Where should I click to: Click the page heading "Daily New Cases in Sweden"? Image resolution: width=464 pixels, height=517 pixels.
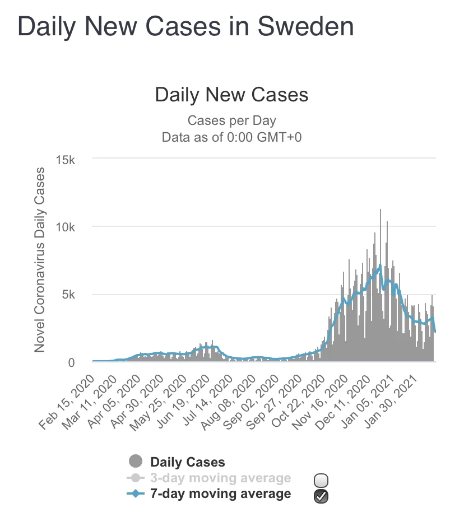(x=185, y=26)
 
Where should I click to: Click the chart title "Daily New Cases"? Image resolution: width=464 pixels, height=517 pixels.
(x=231, y=94)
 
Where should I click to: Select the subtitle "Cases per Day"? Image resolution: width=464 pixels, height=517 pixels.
(x=231, y=120)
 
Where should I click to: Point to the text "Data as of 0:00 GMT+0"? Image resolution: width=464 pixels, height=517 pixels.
(x=231, y=137)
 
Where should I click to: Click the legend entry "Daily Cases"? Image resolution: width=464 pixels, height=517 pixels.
(x=187, y=462)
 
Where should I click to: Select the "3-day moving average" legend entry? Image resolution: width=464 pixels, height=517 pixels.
(x=220, y=478)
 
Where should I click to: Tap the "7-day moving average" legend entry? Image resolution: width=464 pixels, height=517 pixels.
(x=220, y=493)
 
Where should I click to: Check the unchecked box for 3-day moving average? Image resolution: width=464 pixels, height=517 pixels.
(x=322, y=480)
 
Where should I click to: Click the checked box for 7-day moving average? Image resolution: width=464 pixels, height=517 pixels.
(x=322, y=495)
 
